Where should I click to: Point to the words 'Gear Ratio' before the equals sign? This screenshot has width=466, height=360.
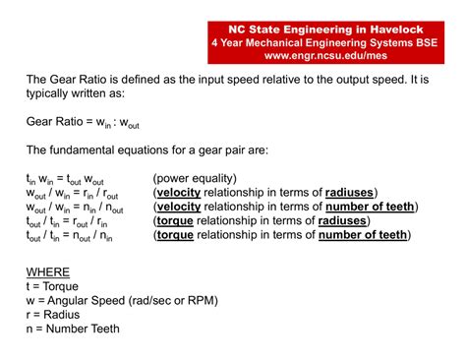[x=56, y=122]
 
